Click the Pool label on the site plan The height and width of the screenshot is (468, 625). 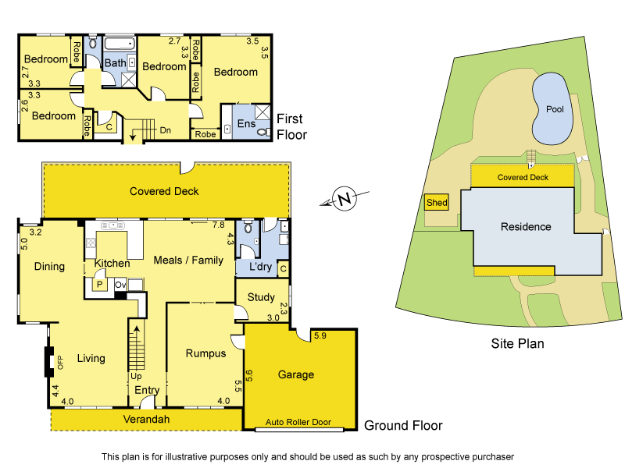555,109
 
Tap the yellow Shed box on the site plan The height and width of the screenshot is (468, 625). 437,203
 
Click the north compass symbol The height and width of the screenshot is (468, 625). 345,199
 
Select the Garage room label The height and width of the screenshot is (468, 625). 296,374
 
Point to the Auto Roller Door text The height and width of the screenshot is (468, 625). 298,422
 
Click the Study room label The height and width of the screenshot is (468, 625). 261,297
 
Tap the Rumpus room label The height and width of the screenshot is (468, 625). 205,353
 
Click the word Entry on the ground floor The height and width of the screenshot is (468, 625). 147,390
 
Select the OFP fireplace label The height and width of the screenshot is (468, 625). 59,363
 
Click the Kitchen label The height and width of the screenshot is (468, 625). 112,264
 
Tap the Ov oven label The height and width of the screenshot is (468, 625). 120,285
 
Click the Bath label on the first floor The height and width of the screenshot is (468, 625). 115,62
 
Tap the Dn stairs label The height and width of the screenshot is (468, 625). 166,130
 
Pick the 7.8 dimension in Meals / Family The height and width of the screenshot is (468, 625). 218,225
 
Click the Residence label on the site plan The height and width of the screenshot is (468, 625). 526,227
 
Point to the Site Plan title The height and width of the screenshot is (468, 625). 517,342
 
